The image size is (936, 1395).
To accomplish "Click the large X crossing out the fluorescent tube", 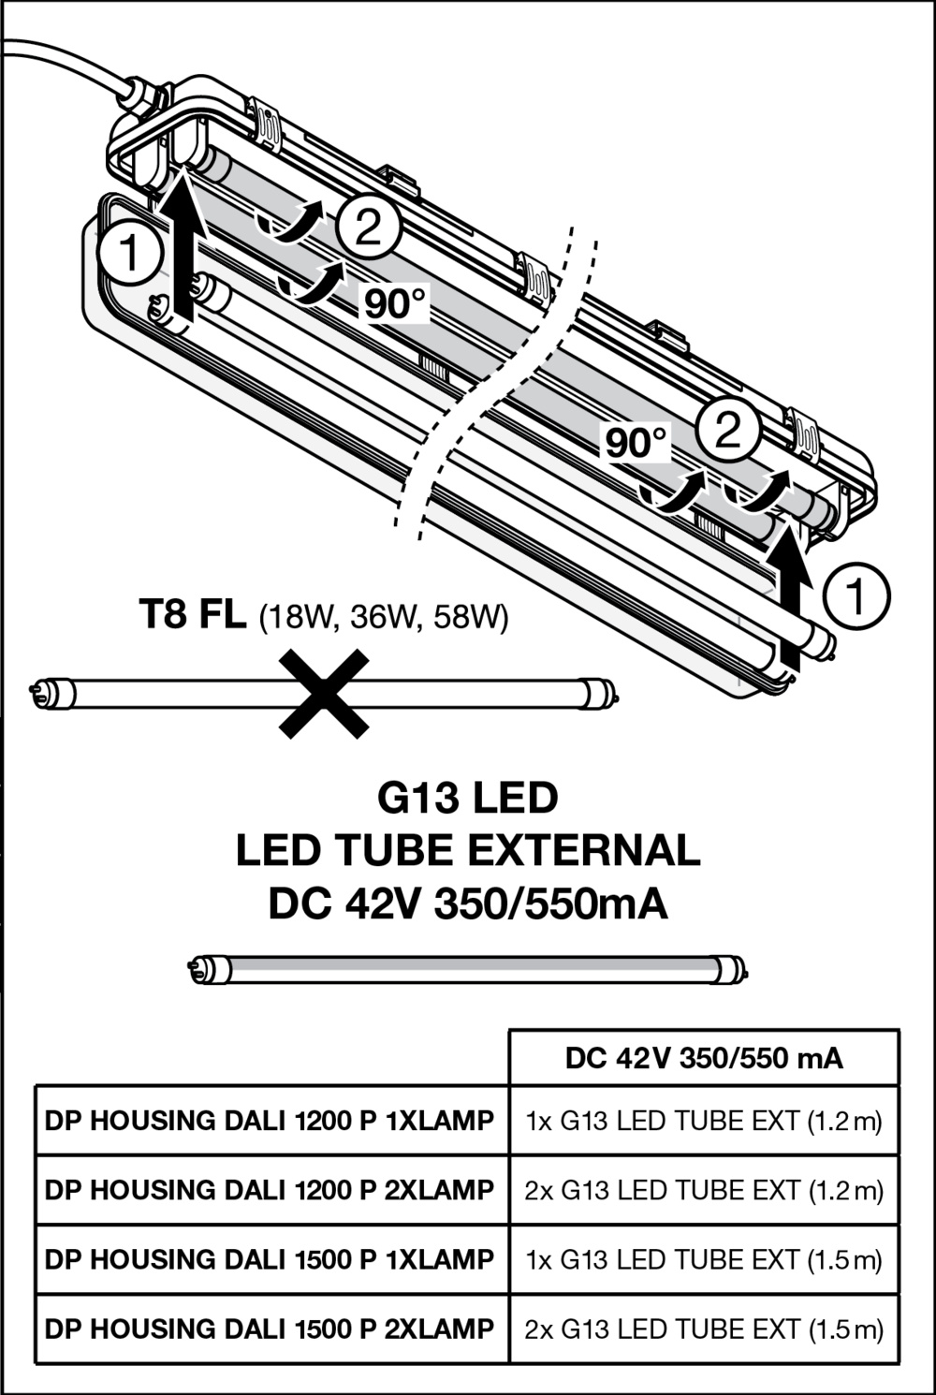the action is point(324,694).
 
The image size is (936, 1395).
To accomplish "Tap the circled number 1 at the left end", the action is point(130,254).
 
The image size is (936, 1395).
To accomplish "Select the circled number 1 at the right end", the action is point(857,596).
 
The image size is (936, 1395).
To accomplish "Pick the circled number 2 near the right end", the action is point(728,429).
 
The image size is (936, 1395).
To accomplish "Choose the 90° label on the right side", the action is point(636,443).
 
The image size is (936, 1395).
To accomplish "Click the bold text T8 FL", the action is point(193,614).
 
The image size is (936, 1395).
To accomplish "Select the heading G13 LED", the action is point(468,799).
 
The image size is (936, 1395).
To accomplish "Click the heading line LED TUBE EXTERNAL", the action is point(468,851).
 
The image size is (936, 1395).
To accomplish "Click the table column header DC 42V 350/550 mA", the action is point(704,1058).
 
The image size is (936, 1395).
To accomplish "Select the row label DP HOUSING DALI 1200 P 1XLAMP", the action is point(270,1121).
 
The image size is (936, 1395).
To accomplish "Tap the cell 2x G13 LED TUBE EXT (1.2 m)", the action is point(704,1191).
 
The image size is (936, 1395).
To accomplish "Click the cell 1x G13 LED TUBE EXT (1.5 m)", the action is point(704,1260).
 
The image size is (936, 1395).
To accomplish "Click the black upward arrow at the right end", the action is point(788,598).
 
